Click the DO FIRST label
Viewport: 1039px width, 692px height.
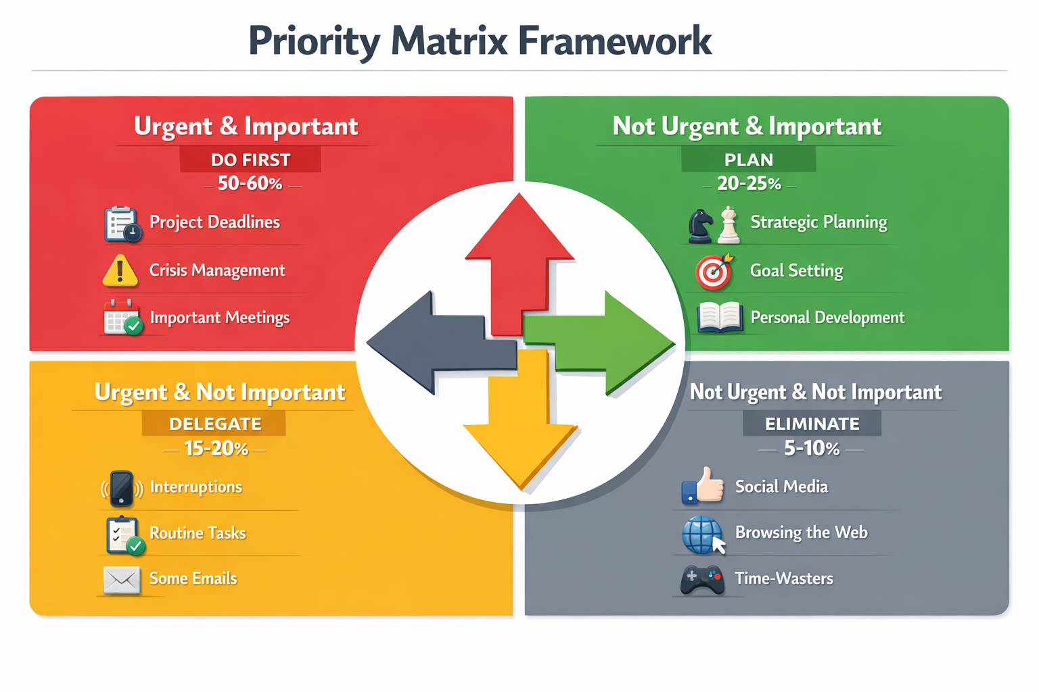(x=250, y=160)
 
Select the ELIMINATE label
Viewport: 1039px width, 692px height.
(x=812, y=424)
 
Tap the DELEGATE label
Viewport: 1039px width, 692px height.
(x=214, y=424)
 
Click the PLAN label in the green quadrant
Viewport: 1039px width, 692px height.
(x=748, y=160)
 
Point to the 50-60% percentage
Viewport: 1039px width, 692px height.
(x=250, y=184)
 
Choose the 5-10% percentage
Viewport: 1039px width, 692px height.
(x=811, y=449)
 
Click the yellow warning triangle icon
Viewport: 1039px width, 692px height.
(x=120, y=270)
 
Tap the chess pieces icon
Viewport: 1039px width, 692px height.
(x=714, y=225)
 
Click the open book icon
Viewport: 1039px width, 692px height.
(x=720, y=318)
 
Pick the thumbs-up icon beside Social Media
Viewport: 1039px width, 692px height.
(x=703, y=486)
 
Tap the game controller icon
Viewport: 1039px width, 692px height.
(x=702, y=580)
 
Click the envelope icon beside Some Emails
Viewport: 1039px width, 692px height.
(x=122, y=580)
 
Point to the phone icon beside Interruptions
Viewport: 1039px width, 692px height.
(x=122, y=488)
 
